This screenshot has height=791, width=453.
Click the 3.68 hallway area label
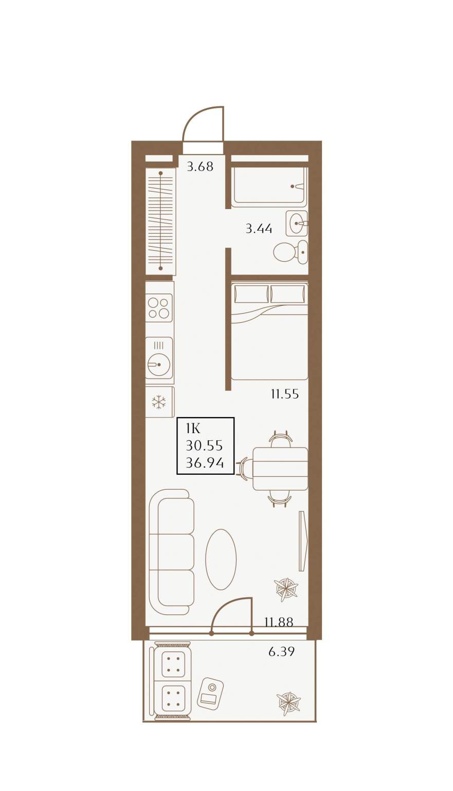point(200,166)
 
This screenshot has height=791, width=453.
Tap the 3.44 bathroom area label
point(259,229)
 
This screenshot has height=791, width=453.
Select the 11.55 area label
point(285,393)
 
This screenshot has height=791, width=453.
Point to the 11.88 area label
point(279,622)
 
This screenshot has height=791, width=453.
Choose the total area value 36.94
point(205,462)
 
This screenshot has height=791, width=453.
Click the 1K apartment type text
point(193,429)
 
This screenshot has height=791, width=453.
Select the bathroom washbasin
point(297,223)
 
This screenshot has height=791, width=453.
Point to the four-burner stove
point(159,308)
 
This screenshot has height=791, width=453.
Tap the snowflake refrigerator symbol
point(159,402)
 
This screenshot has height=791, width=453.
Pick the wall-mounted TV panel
point(303,541)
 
